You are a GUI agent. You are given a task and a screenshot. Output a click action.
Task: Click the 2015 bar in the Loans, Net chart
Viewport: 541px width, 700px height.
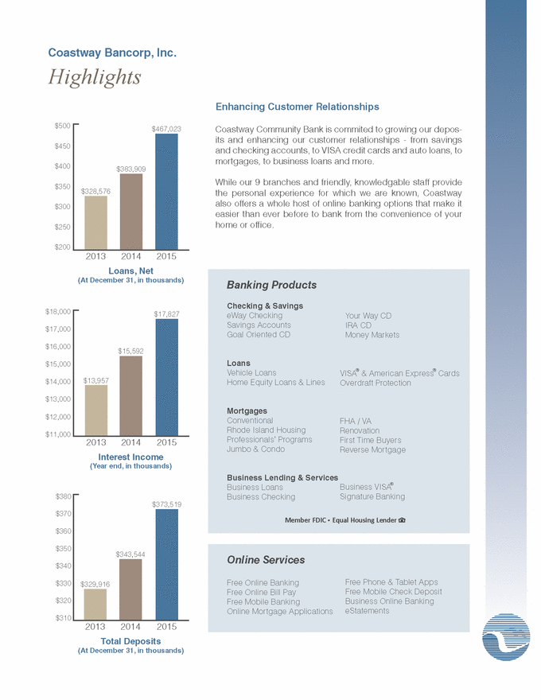(x=166, y=192)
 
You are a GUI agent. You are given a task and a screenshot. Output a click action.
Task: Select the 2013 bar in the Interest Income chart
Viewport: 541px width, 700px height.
(x=96, y=410)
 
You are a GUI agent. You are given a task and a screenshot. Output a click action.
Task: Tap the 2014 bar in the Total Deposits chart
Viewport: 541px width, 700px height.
(x=130, y=589)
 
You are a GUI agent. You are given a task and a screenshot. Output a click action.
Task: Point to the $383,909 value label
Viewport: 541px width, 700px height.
(x=131, y=169)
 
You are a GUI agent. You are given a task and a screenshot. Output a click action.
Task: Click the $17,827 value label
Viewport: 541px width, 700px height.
(x=166, y=314)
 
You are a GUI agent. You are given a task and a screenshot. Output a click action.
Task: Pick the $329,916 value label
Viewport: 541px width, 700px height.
(x=95, y=584)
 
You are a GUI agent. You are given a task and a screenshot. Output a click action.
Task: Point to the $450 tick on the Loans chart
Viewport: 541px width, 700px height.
(x=63, y=146)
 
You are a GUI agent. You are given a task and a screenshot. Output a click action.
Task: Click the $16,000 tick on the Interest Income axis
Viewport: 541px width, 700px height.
(x=58, y=347)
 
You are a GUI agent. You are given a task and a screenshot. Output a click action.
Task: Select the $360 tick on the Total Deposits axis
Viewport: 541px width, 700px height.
(x=64, y=531)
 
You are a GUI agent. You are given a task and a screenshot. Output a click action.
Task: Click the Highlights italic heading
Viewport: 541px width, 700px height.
(x=95, y=77)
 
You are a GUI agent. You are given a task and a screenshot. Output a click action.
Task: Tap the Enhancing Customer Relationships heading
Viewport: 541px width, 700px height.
(x=298, y=107)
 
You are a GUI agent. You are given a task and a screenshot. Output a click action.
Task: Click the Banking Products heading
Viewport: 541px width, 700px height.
(x=272, y=285)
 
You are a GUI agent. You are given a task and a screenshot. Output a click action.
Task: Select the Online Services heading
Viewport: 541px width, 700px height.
(x=266, y=560)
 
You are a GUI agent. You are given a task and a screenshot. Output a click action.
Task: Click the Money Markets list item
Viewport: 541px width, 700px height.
(x=372, y=335)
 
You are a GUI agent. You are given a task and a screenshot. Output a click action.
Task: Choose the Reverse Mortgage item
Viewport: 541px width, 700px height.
(x=372, y=449)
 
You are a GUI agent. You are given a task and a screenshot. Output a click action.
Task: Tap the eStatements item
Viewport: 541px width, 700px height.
(x=367, y=611)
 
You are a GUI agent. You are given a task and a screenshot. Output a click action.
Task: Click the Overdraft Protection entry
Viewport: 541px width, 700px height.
(x=376, y=383)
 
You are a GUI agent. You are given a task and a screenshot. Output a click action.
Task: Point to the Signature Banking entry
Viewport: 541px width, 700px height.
(x=372, y=496)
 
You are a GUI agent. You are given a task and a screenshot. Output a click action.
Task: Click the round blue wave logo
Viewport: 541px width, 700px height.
(x=506, y=637)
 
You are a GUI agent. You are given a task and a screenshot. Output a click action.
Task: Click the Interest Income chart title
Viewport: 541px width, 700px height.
(x=130, y=457)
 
